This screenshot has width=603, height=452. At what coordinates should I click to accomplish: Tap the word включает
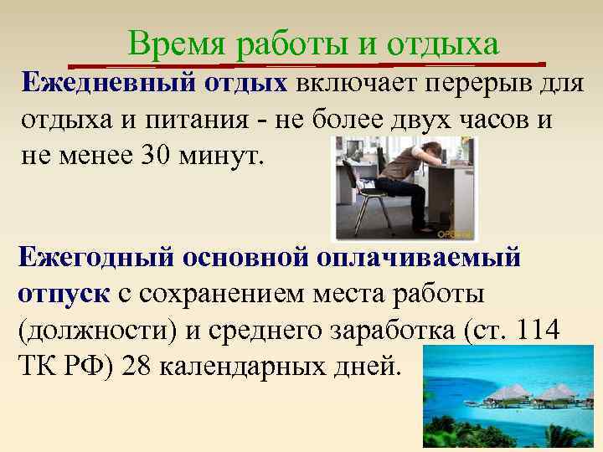pyautogui.click(x=348, y=85)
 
